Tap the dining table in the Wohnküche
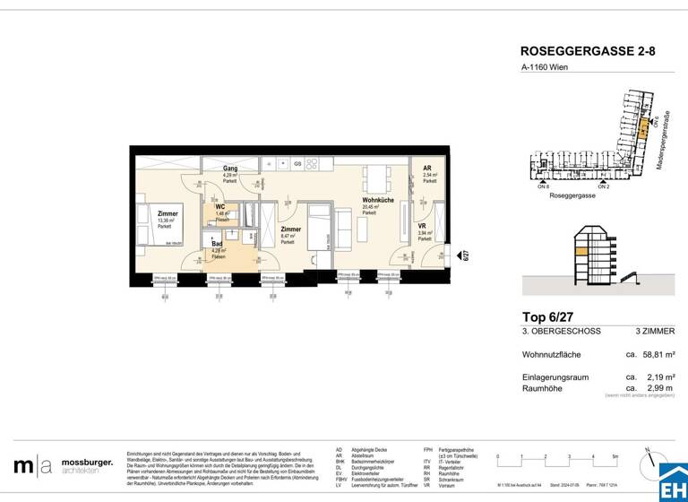[378, 173]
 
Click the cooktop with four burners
[313, 164]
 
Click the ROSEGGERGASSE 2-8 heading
[588, 52]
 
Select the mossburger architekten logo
[63, 466]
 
